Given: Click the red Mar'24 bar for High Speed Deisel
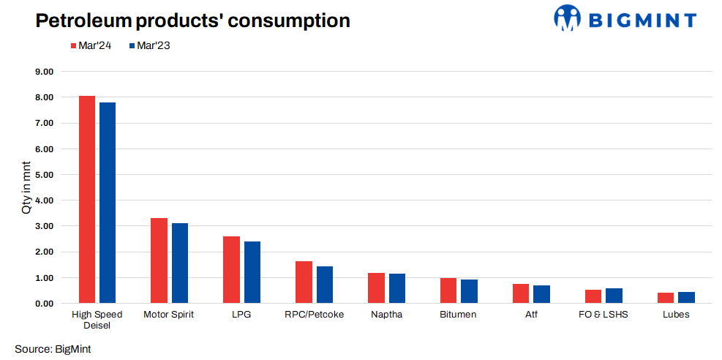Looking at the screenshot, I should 87,200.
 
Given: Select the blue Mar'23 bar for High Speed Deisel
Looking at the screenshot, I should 108,203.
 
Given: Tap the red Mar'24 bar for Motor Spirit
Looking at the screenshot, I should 159,260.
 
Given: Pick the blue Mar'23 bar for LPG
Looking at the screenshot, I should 252,272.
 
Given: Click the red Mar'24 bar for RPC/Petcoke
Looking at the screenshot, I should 304,282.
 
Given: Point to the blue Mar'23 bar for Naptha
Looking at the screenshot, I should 397,288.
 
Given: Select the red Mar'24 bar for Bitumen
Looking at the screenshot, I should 448,290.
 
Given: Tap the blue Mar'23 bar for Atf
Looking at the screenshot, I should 541,294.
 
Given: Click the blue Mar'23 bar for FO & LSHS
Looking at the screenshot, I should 614,296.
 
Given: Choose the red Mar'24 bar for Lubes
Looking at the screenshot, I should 666,298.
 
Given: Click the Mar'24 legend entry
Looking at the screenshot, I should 91,45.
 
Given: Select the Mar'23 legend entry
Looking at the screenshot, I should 149,45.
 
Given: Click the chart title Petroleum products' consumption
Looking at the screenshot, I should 193,20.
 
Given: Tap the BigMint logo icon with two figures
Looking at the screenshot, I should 568,18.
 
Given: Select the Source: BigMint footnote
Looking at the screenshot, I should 53,348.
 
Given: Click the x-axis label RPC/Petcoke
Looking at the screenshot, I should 314,315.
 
